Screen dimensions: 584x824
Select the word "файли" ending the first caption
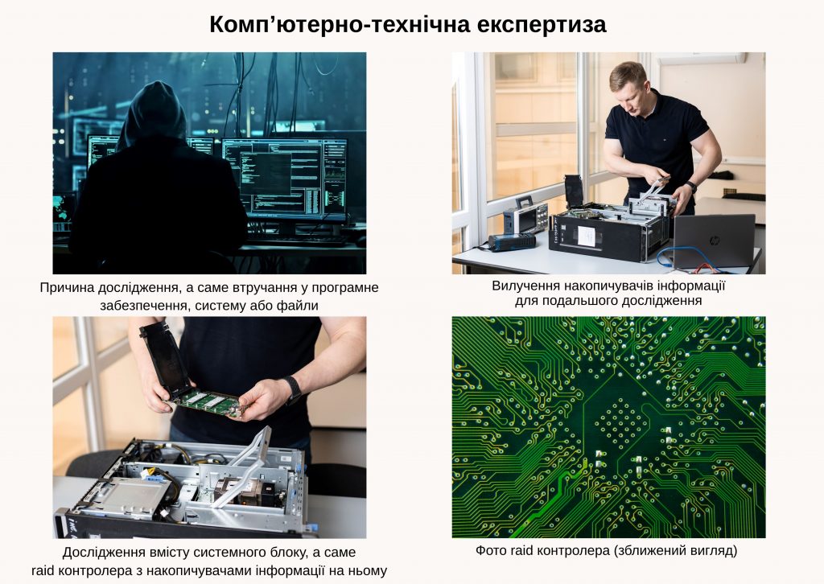click(300, 305)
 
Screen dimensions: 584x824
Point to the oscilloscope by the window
click(525, 216)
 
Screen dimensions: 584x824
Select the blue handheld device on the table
click(513, 241)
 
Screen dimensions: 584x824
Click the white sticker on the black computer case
click(587, 234)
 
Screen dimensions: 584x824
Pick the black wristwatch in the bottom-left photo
click(294, 391)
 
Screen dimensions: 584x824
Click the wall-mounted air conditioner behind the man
click(701, 58)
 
